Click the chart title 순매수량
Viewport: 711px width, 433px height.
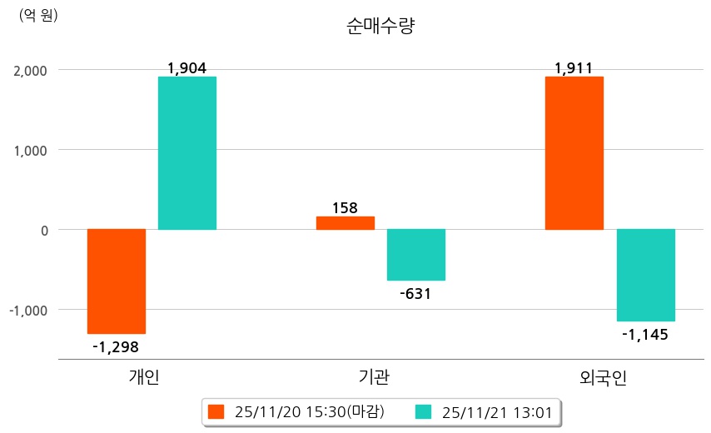click(x=380, y=27)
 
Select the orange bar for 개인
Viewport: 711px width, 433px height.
click(x=116, y=281)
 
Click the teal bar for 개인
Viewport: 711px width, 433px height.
click(x=187, y=152)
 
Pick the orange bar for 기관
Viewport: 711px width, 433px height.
click(x=346, y=222)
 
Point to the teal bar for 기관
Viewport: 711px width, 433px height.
click(x=416, y=255)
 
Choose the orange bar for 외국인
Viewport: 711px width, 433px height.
click(x=574, y=152)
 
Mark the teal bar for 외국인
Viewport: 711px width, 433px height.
click(x=645, y=275)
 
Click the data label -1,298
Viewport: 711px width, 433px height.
click(x=117, y=346)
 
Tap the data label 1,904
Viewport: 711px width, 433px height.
click(x=186, y=68)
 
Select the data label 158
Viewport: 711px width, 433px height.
click(x=345, y=207)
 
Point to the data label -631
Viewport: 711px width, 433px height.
click(x=416, y=293)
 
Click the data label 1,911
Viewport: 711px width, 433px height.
click(x=574, y=68)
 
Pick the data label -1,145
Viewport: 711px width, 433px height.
click(x=645, y=334)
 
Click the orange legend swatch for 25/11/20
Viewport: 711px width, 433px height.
click(x=216, y=411)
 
